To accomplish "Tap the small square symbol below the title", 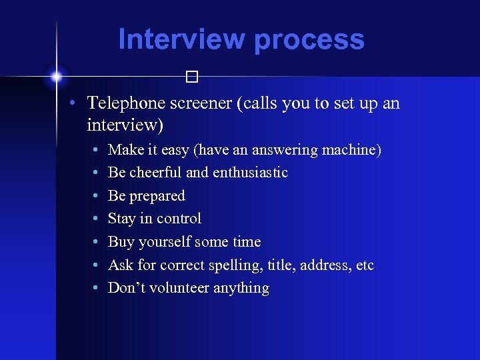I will point(193,77).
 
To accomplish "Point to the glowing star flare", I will point(56,76).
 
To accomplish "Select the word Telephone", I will point(125,104).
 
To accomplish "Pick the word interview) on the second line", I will point(125,125).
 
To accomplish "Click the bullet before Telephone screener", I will point(77,104).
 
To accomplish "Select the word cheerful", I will point(156,173).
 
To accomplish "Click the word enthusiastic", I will point(251,173).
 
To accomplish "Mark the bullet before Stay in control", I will point(97,219).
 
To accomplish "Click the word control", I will point(179,219).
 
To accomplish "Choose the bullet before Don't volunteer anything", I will point(97,289).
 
